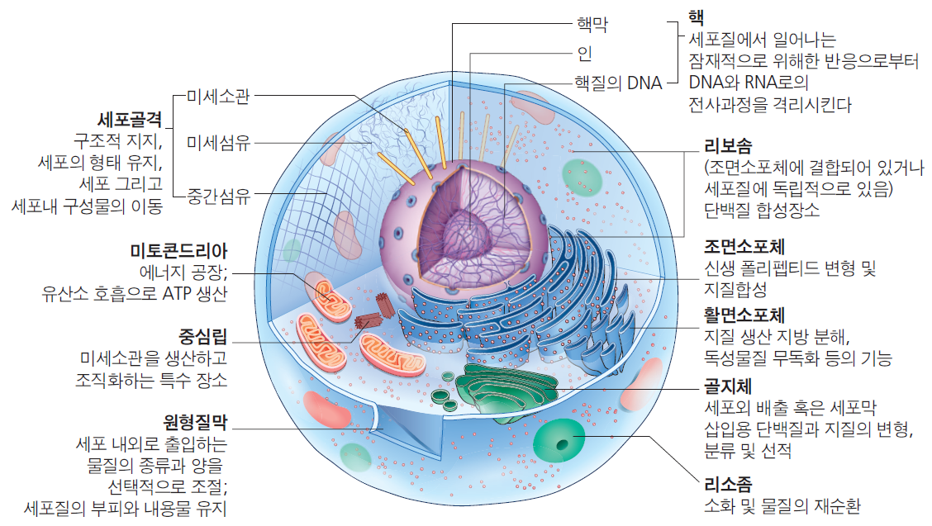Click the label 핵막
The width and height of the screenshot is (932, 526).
tap(591, 24)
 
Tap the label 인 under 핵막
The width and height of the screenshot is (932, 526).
tap(583, 54)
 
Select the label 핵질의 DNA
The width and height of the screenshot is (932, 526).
tap(618, 83)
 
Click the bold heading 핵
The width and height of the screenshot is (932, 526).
tap(696, 17)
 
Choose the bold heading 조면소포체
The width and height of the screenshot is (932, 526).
tap(744, 247)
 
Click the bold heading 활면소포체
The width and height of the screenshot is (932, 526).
tap(744, 315)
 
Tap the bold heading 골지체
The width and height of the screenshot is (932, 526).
tap(727, 386)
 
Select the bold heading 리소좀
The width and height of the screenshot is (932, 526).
tap(727, 484)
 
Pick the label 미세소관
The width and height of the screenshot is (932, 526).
tap(217, 96)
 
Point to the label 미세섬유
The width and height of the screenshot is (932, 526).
tap(217, 143)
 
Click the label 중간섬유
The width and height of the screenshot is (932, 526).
tap(217, 196)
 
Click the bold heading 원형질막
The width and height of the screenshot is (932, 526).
tap(195, 422)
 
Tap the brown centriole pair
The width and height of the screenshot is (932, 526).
tap(376, 315)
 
